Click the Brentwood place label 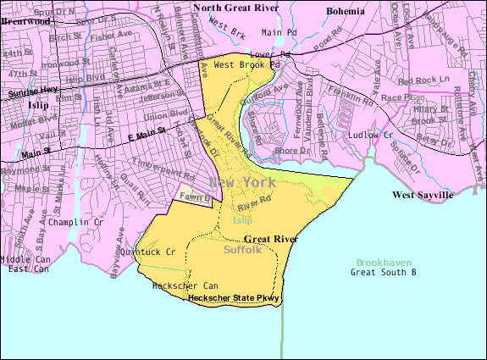point(26,20)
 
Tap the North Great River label point(236,8)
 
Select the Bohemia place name point(346,11)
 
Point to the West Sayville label point(423,196)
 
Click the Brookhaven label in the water point(387,263)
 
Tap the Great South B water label point(385,273)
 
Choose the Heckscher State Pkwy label point(234,298)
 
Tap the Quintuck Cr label point(148,252)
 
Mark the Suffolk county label point(245,251)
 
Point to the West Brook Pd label point(246,64)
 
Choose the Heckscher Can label point(185,286)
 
